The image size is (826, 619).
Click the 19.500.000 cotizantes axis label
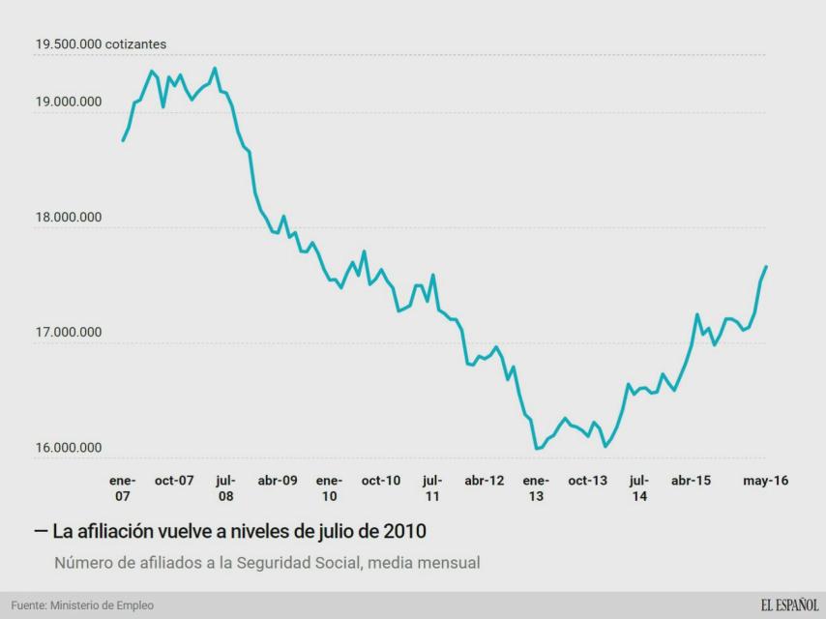[x=101, y=44]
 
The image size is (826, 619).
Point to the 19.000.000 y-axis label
[x=68, y=102]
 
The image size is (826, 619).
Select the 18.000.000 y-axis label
[x=68, y=217]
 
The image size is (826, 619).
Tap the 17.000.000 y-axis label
[x=68, y=333]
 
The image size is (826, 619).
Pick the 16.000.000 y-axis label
[x=68, y=448]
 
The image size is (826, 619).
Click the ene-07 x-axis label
[x=123, y=487]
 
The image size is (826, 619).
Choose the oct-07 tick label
[x=174, y=480]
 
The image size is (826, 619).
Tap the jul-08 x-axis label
[x=225, y=487]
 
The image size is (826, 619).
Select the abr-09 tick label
[x=278, y=480]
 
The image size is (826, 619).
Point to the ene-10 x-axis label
[x=329, y=487]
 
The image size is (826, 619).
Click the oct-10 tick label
[x=381, y=480]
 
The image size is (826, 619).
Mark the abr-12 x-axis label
[x=485, y=480]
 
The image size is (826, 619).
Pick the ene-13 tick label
[x=536, y=487]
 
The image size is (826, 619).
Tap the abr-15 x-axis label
[x=691, y=480]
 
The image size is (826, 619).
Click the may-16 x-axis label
[x=765, y=480]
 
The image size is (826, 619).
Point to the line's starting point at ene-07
[x=123, y=141]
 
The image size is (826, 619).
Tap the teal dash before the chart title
[x=41, y=531]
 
